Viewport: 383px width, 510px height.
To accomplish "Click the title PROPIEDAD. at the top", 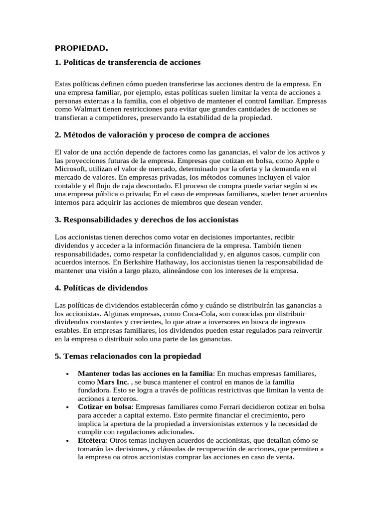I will tap(81, 48).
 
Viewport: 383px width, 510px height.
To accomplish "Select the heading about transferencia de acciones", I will tap(128, 63).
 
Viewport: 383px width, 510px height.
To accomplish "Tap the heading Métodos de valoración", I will tap(162, 135).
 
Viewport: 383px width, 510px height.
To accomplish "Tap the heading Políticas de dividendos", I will tap(101, 288).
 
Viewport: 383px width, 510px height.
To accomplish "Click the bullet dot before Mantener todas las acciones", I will tap(67, 373).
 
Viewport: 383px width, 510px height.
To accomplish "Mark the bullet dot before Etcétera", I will tap(67, 441).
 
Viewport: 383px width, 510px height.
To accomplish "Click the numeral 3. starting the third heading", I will tap(57, 219).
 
